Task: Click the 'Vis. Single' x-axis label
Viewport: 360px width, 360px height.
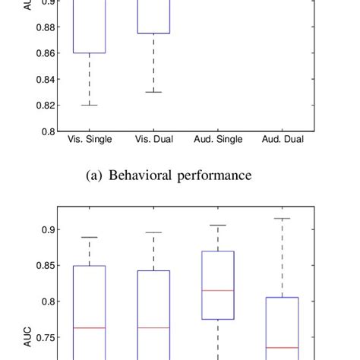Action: tap(90, 140)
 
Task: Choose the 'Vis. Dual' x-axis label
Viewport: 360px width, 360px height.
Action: tap(154, 140)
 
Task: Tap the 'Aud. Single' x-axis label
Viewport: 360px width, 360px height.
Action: tap(218, 140)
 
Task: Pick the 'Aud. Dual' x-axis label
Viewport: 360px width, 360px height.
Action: tap(282, 140)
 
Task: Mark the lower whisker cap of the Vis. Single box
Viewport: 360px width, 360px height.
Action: tap(90, 105)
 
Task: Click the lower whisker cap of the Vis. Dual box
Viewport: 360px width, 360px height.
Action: tap(153, 92)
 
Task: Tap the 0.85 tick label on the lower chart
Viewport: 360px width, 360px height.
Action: tap(43, 265)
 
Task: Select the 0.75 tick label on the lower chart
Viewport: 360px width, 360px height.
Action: tap(43, 337)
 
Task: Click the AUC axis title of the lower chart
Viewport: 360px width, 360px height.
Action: tap(28, 339)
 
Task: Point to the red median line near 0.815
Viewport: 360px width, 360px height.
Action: tap(218, 290)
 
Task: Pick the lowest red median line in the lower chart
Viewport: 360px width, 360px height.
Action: tap(282, 347)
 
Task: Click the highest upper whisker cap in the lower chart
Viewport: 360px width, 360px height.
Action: tap(282, 219)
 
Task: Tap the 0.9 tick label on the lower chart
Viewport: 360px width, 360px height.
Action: tap(46, 229)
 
